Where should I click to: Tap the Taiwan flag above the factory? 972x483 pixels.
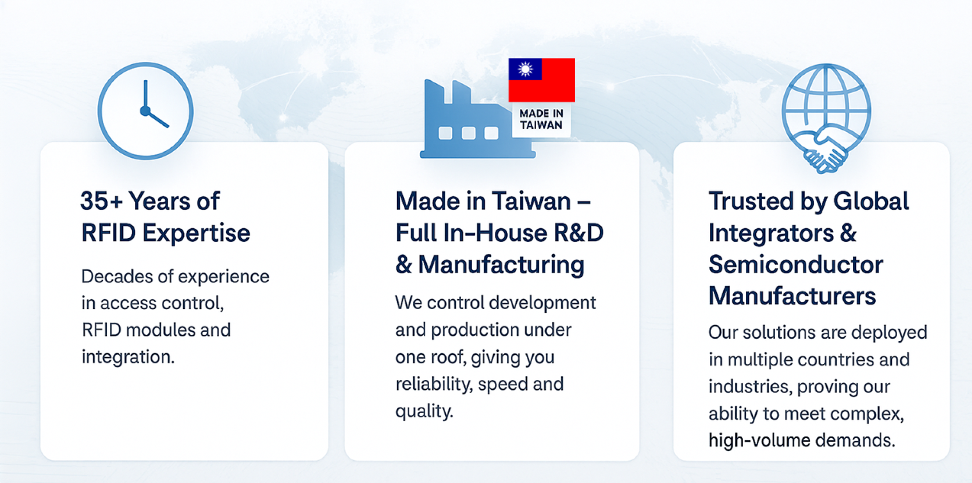click(x=541, y=80)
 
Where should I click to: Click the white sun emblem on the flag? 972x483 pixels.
click(x=525, y=69)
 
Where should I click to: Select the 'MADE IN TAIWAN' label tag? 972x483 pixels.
click(x=541, y=119)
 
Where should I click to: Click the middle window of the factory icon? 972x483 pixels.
click(x=469, y=133)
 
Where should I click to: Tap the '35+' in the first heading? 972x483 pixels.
click(x=102, y=201)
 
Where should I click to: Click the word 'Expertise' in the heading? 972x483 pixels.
click(x=196, y=233)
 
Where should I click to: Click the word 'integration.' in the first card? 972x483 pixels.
click(x=128, y=357)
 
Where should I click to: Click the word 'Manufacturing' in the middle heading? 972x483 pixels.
click(x=501, y=265)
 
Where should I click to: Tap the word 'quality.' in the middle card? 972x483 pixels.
click(x=424, y=412)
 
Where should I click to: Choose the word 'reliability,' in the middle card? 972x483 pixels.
click(x=434, y=384)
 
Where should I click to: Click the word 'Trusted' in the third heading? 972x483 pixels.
click(x=751, y=201)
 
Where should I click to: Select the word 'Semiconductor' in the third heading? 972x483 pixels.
click(x=796, y=265)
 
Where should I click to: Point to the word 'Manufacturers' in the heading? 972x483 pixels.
click(x=792, y=296)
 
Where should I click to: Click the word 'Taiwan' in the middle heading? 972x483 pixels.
click(x=532, y=201)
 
